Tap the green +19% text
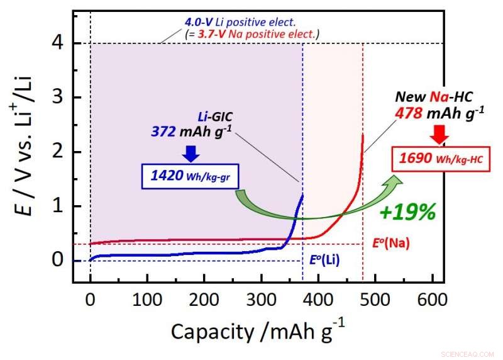tap(408, 212)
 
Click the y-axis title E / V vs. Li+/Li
tap(25, 152)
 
